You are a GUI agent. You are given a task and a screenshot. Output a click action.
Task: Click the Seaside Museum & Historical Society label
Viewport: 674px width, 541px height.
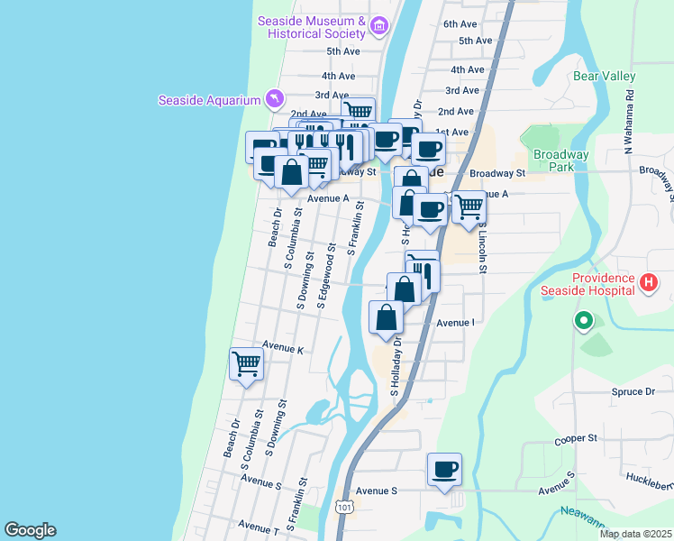tap(311, 27)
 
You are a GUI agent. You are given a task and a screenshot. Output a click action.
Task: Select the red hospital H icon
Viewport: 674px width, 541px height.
tap(647, 284)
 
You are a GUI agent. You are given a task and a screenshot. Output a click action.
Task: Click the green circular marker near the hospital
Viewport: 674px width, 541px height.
tap(584, 320)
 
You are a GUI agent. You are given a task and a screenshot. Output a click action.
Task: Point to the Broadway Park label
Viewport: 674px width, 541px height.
tap(560, 160)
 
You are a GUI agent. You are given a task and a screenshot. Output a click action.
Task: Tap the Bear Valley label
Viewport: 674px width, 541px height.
tap(604, 77)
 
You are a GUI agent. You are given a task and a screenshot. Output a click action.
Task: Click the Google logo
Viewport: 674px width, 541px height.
tap(30, 530)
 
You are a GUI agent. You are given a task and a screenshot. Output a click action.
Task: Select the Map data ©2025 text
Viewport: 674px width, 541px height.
tap(635, 534)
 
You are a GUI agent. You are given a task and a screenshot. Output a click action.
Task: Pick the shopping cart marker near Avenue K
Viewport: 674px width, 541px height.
tap(246, 364)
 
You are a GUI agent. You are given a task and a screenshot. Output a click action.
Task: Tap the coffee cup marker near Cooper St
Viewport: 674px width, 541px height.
tap(444, 469)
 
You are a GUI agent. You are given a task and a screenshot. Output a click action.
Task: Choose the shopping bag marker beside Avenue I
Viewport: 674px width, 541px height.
tap(387, 317)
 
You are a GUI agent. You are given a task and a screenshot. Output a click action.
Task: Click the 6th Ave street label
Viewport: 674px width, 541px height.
tap(460, 23)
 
